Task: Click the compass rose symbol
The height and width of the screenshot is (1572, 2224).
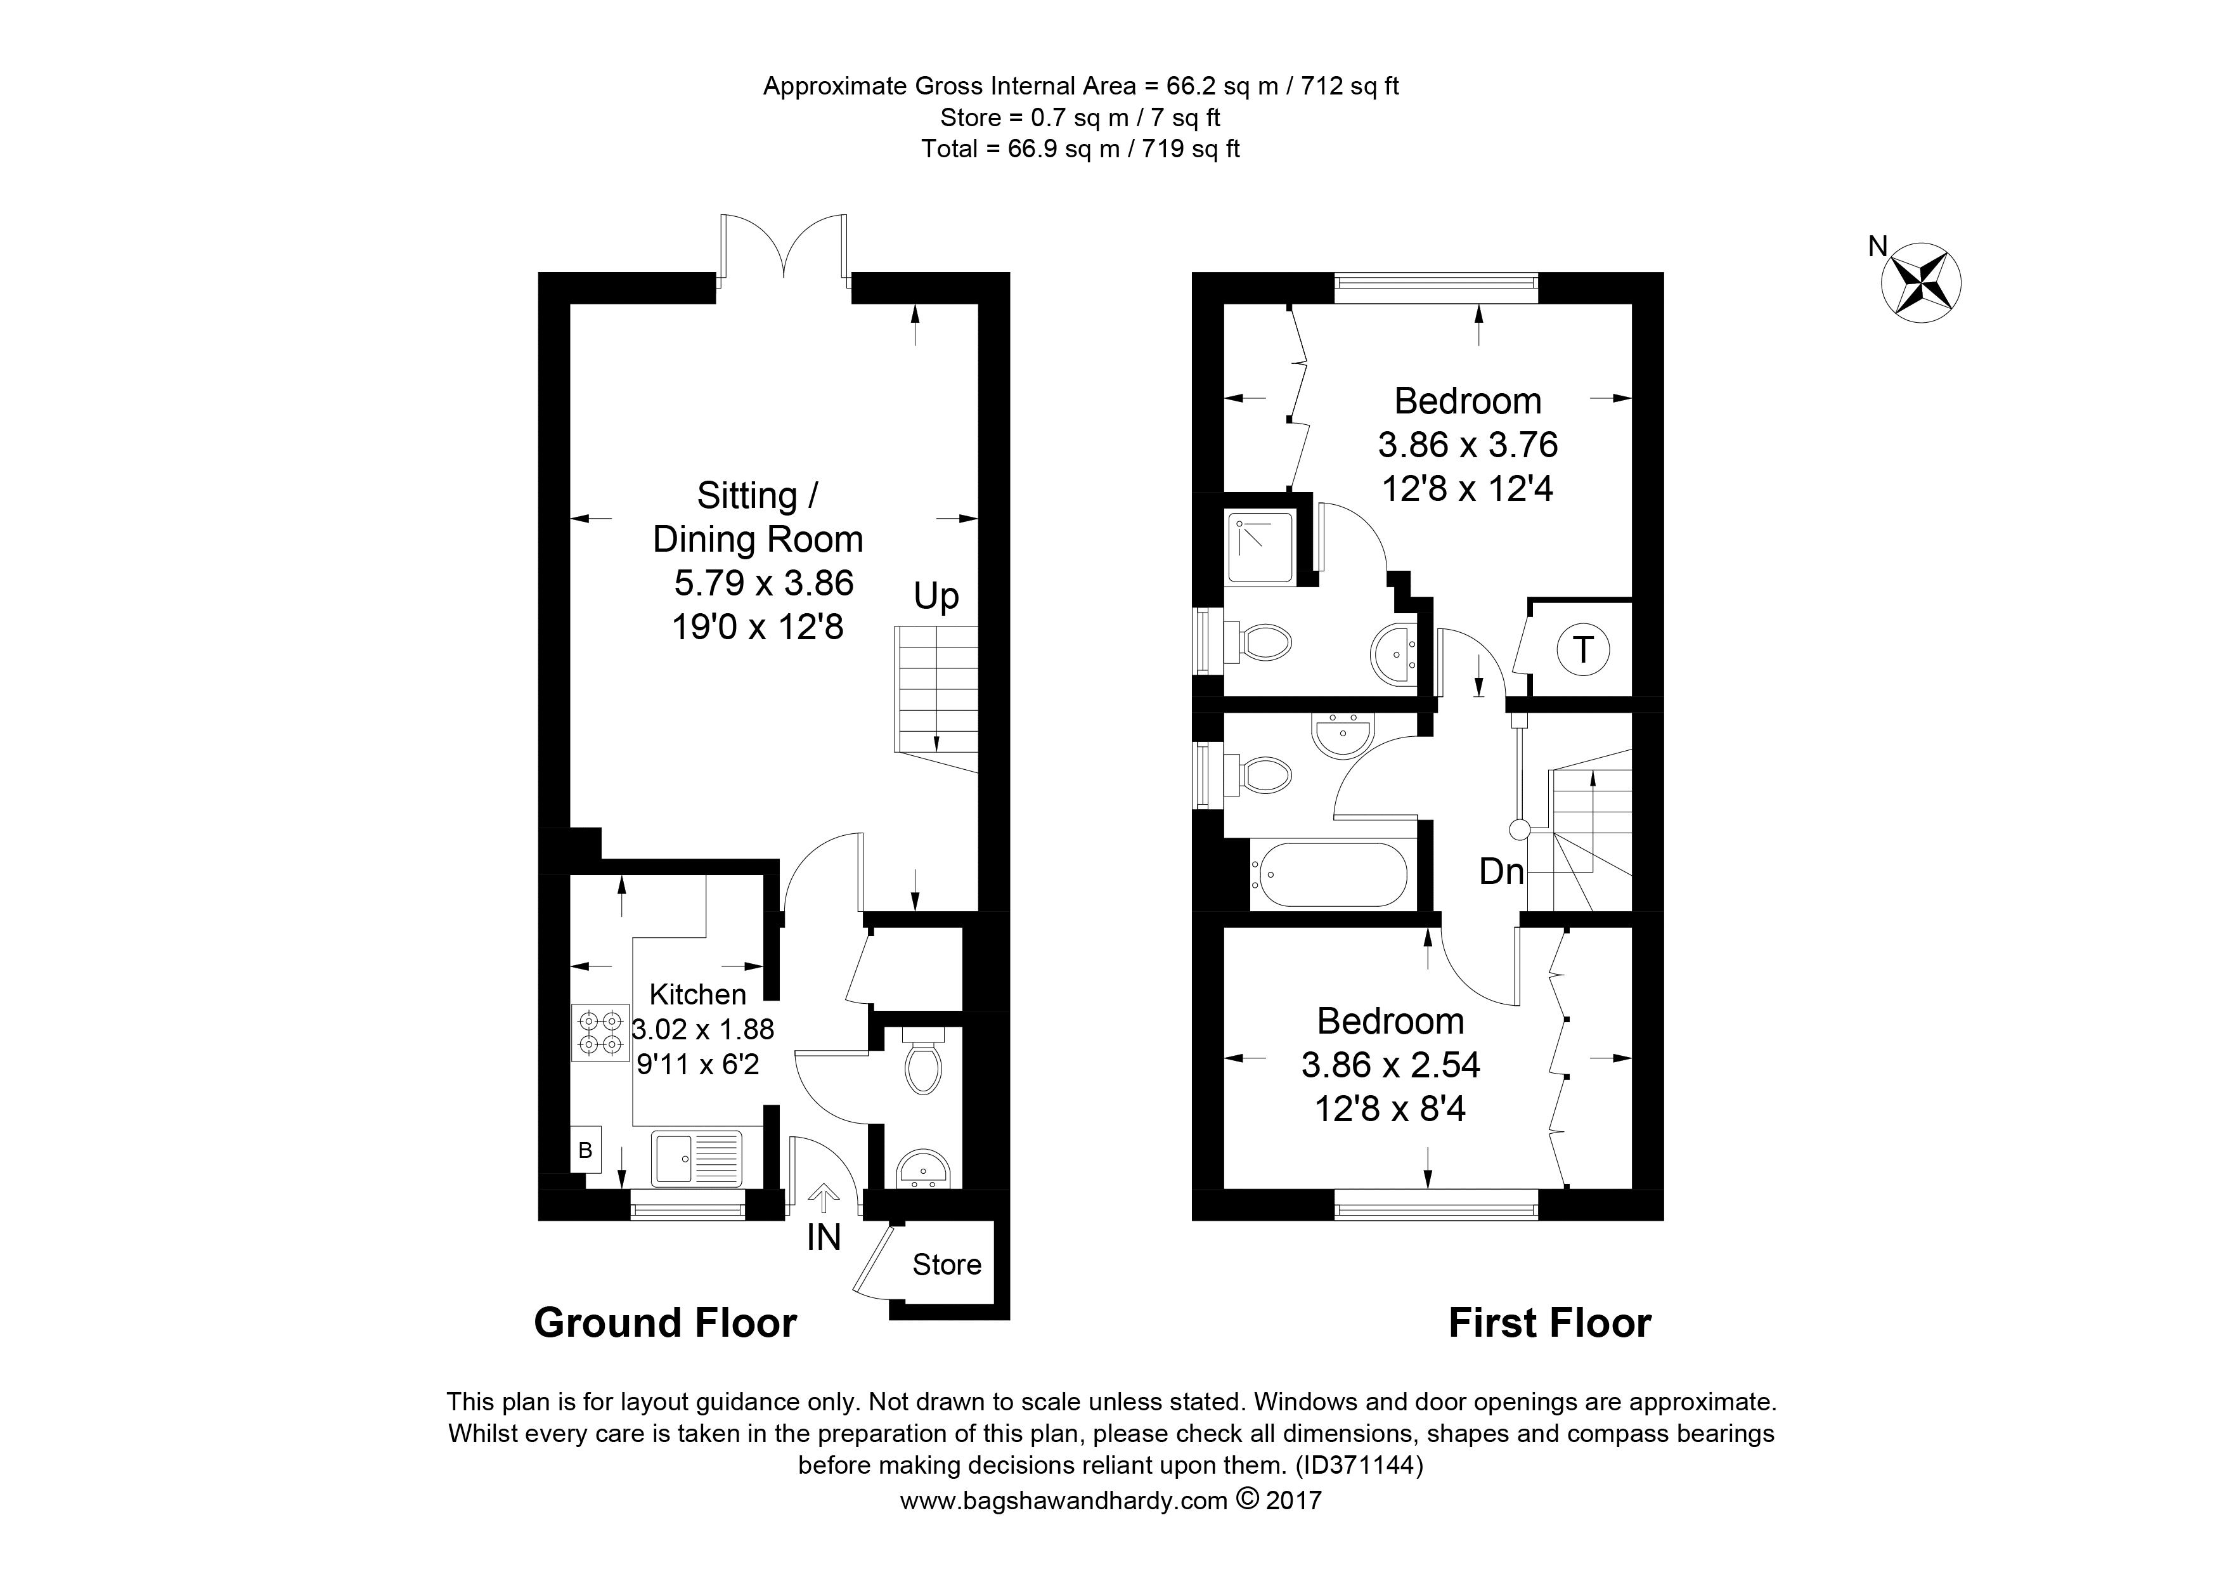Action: click(x=1921, y=284)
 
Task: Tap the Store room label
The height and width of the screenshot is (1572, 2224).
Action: click(x=947, y=1265)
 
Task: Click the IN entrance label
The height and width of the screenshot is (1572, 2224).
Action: click(x=824, y=1238)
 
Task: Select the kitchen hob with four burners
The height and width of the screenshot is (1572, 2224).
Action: click(x=600, y=1032)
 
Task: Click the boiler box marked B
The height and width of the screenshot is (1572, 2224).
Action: click(x=585, y=1151)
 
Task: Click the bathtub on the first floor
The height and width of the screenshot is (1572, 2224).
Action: click(x=1328, y=874)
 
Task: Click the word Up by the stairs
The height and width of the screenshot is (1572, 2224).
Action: click(x=936, y=597)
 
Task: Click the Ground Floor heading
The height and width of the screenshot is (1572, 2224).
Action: click(x=666, y=1323)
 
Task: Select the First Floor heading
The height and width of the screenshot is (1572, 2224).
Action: click(x=1550, y=1323)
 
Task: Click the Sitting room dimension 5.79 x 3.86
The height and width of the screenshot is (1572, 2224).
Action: click(x=763, y=583)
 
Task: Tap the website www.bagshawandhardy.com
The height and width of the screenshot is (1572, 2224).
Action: click(x=1064, y=1501)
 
